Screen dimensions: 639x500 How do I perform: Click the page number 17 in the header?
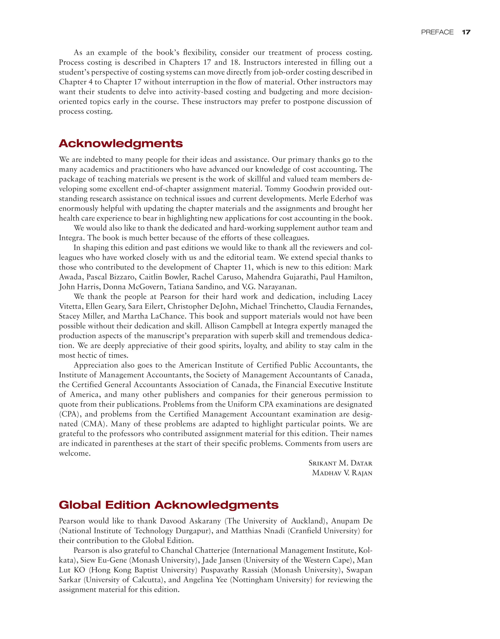point(466,32)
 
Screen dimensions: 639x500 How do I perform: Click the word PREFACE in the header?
point(437,32)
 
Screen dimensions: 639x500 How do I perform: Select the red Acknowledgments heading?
point(121,143)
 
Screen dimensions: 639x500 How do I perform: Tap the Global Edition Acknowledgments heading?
point(168,505)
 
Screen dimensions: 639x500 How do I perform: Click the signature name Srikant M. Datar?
point(340,463)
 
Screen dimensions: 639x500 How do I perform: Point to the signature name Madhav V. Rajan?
point(342,473)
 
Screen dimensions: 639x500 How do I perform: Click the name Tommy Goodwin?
point(294,189)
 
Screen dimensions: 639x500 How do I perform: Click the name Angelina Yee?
point(205,579)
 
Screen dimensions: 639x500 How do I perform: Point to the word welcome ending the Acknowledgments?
point(74,453)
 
